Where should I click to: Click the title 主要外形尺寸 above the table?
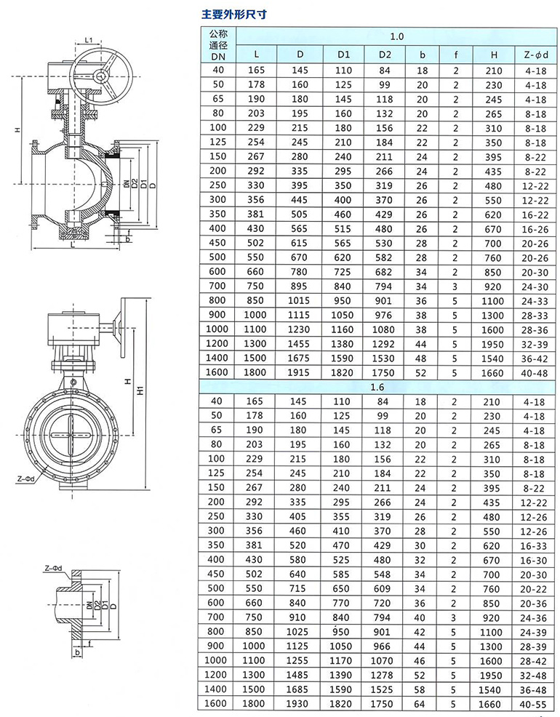[233, 14]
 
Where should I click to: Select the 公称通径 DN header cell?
[218, 45]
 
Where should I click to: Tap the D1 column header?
[344, 55]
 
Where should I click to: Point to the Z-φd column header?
[536, 55]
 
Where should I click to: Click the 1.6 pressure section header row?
[377, 388]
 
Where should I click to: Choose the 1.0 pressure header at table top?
[397, 36]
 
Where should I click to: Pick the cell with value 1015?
[298, 301]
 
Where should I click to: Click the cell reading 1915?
[298, 372]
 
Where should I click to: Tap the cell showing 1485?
[297, 676]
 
